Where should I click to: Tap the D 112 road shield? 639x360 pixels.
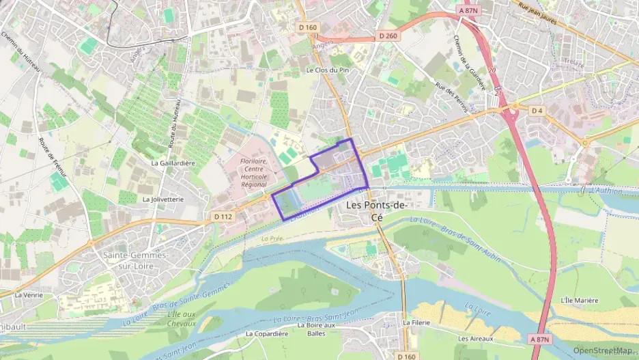223,217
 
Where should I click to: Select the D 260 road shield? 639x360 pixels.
387,36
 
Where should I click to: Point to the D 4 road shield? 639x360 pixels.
537,110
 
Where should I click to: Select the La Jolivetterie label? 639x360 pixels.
163,199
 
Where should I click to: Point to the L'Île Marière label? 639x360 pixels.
579,300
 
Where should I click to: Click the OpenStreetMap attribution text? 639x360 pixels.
602,350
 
